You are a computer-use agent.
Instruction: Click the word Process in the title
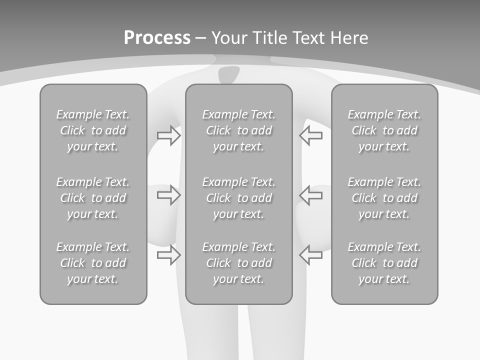[x=157, y=38]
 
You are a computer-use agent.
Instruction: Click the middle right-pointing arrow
[x=168, y=195]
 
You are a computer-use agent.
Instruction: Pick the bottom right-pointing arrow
[x=168, y=255]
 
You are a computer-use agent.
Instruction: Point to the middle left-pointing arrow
[x=310, y=195]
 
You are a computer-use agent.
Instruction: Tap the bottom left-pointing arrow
[x=310, y=255]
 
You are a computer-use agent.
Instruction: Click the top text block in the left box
[x=93, y=130]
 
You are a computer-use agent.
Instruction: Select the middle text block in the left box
[x=93, y=198]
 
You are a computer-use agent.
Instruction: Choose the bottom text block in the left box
[x=93, y=263]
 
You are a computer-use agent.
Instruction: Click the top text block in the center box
[x=239, y=130]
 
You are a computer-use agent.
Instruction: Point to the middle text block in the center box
[x=239, y=198]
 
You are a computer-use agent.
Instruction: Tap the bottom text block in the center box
[x=239, y=263]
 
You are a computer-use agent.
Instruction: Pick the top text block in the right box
[x=384, y=130]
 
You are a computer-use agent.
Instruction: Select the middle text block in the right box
[x=384, y=198]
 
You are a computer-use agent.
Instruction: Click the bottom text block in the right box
[x=384, y=263]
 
